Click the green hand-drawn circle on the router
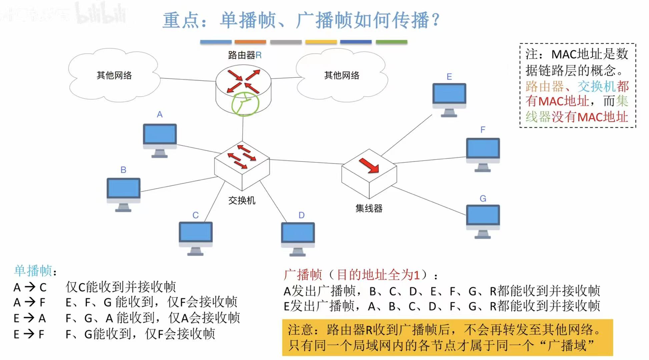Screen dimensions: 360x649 coord(245,104)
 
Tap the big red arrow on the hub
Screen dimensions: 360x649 coord(369,165)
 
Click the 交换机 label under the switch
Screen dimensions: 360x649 coord(242,201)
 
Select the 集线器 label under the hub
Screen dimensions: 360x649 coord(369,209)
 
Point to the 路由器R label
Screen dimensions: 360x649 coord(245,55)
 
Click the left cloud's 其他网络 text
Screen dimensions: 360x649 coord(114,75)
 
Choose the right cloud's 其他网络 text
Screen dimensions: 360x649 coord(342,75)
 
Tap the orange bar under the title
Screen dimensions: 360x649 coord(250,42)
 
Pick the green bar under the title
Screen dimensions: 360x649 coord(392,42)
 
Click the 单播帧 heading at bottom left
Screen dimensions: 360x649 coord(33,271)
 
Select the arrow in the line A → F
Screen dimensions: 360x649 coord(30,302)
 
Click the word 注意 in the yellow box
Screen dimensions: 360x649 coord(300,330)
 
